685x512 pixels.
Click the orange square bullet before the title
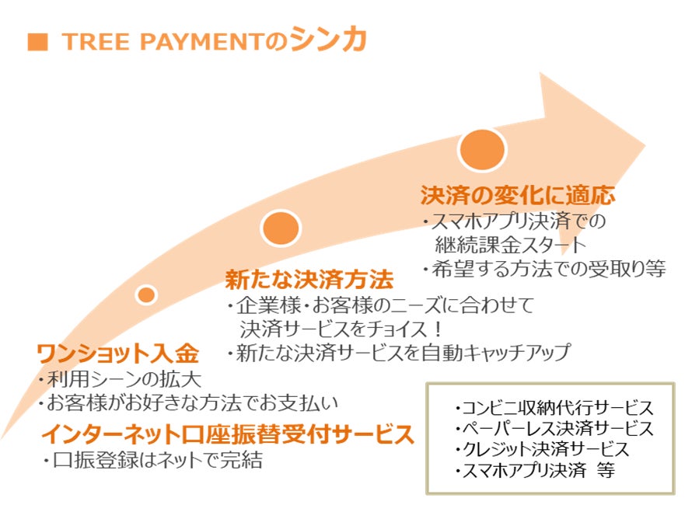pos(36,42)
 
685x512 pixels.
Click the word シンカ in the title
pos(328,40)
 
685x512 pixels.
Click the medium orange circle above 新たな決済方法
pos(281,228)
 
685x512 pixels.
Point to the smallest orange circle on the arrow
pos(146,294)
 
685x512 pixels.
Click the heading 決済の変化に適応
pos(518,194)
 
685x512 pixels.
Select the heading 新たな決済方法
pos(309,278)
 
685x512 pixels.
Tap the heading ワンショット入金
pos(118,354)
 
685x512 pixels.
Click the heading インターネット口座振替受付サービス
pos(227,434)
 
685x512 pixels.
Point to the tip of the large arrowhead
pos(644,144)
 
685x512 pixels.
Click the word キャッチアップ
pos(517,352)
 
